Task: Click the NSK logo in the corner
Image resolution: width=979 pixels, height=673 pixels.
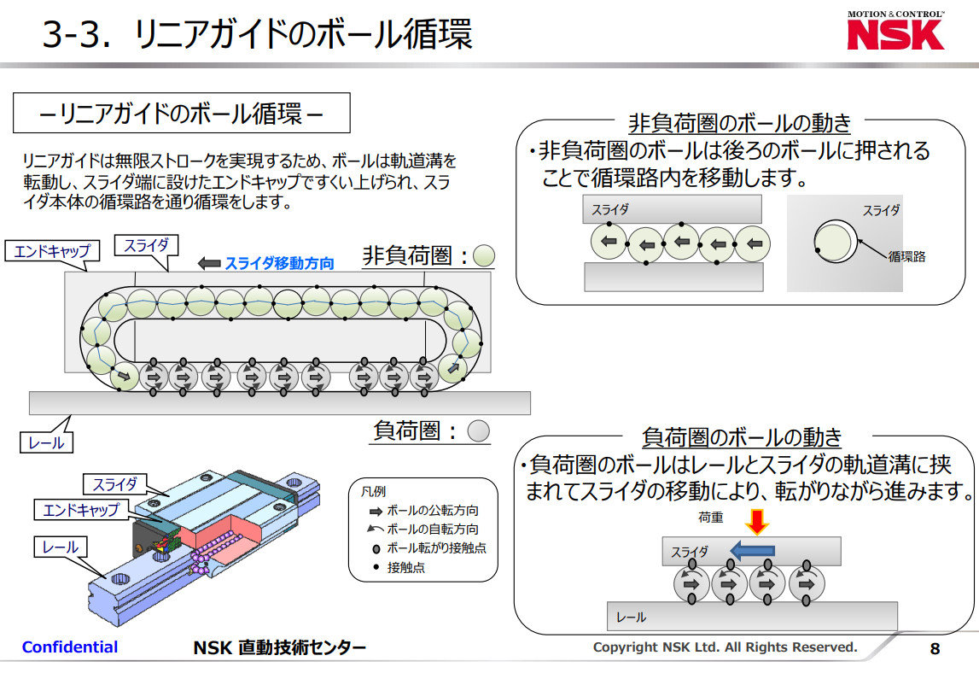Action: coord(895,32)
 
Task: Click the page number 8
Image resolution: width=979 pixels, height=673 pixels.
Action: coord(935,649)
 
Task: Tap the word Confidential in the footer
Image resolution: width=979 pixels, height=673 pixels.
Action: coord(70,647)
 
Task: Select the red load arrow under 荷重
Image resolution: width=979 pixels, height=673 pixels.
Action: coord(757,520)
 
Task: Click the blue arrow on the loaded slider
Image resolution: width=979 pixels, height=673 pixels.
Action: coord(750,551)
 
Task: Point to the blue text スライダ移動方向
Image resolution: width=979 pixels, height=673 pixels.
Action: coord(278,263)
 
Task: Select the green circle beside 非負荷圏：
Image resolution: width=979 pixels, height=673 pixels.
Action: coord(485,255)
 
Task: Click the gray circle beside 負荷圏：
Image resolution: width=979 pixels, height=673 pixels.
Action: coord(480,431)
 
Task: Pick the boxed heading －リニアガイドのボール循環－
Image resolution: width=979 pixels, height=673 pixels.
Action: coord(182,113)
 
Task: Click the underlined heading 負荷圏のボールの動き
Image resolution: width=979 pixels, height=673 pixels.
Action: coord(741,438)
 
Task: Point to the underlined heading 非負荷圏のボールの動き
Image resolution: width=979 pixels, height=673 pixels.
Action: coord(739,123)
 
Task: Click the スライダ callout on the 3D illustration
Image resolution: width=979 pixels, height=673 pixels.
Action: coord(115,484)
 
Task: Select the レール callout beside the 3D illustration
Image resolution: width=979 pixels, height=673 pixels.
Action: coord(60,547)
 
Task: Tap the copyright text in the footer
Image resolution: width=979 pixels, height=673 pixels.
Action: coord(725,647)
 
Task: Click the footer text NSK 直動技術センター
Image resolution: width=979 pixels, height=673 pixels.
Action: coord(279,648)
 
